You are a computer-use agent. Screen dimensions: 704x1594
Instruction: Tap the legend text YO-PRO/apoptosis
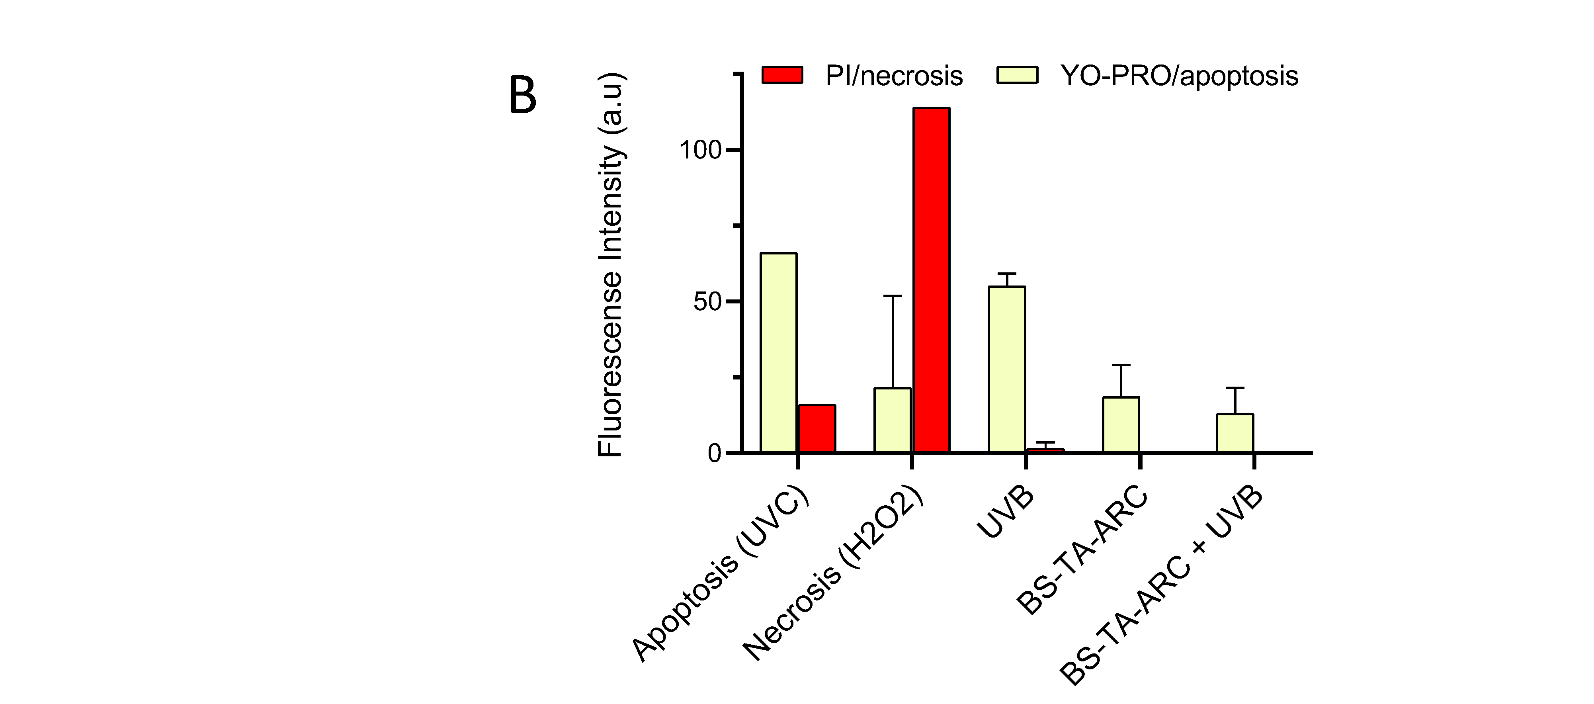coord(1179,76)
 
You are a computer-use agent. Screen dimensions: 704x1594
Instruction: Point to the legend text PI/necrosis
coord(893,76)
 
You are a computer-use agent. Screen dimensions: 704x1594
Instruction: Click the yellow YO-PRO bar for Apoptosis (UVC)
coord(778,353)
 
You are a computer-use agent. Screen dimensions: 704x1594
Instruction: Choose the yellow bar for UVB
coord(1007,370)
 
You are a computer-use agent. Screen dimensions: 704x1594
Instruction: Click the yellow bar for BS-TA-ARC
coord(1121,425)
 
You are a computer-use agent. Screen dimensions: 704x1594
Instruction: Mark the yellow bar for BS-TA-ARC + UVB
coord(1235,433)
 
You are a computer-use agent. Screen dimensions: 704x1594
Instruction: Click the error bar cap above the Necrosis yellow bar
coord(892,296)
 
